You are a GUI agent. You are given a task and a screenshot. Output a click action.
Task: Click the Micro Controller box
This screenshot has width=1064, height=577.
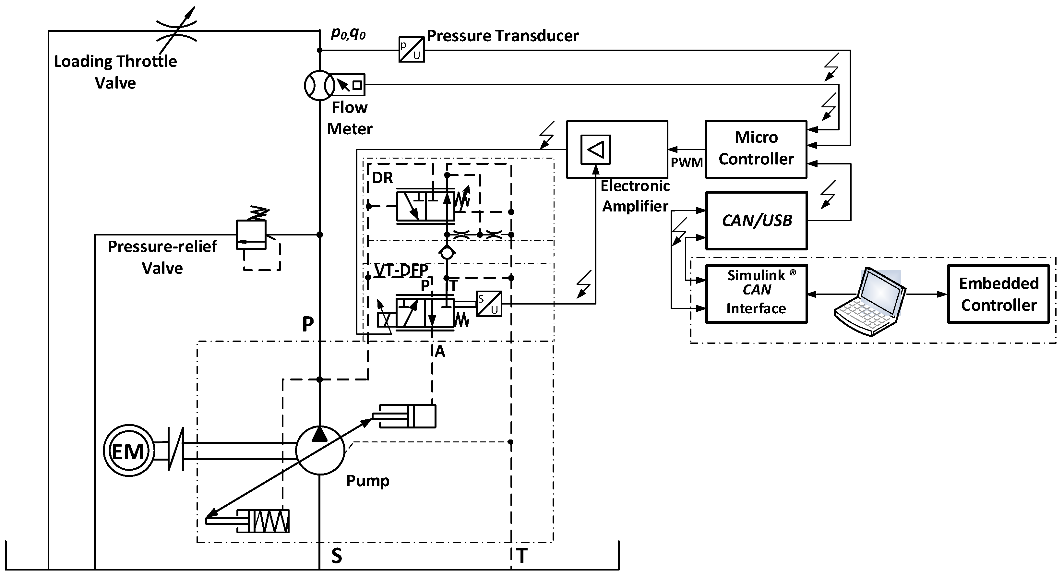(x=756, y=149)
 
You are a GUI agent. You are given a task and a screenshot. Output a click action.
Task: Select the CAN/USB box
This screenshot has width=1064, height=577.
(x=756, y=221)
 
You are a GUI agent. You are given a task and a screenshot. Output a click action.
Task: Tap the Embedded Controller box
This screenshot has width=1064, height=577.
(x=998, y=294)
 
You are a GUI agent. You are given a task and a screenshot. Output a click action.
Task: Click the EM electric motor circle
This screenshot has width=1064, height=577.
(x=128, y=451)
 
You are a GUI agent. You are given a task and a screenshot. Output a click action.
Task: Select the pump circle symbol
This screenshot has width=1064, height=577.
(x=320, y=451)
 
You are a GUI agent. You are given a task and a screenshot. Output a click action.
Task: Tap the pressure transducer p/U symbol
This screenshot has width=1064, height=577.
(x=412, y=50)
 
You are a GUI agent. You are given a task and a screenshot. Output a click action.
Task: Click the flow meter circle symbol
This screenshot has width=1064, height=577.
(x=319, y=85)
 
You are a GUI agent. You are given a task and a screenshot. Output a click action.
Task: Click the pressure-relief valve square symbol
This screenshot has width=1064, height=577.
(x=251, y=234)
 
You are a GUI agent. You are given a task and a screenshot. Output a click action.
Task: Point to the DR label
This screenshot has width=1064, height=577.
(x=382, y=178)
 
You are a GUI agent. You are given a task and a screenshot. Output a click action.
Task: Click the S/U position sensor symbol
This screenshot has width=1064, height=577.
(x=489, y=304)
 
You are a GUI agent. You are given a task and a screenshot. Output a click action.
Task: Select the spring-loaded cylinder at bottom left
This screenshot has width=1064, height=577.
(x=263, y=521)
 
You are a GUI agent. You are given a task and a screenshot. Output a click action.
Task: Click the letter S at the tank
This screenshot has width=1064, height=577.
(x=337, y=556)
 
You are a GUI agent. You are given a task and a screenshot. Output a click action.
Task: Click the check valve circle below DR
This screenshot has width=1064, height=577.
(x=447, y=253)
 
